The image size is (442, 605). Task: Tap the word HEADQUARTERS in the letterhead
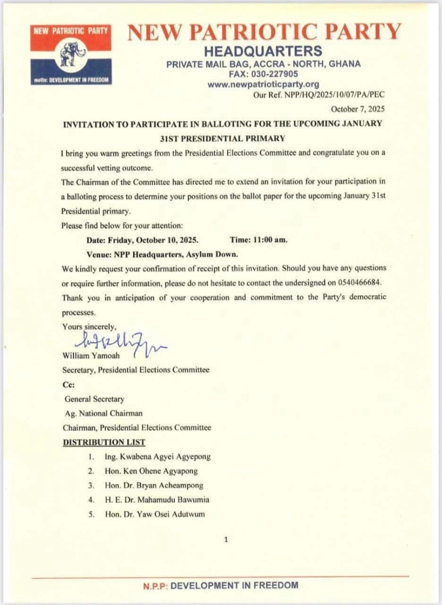(x=263, y=51)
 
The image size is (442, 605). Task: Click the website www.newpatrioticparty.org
(x=263, y=84)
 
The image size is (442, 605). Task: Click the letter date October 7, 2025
(x=358, y=109)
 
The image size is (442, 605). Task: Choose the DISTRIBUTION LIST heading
(x=104, y=442)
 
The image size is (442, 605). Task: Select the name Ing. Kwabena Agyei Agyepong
(x=157, y=457)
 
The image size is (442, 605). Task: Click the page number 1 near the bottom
(x=226, y=539)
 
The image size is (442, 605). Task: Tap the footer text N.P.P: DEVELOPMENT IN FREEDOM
(x=220, y=585)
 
